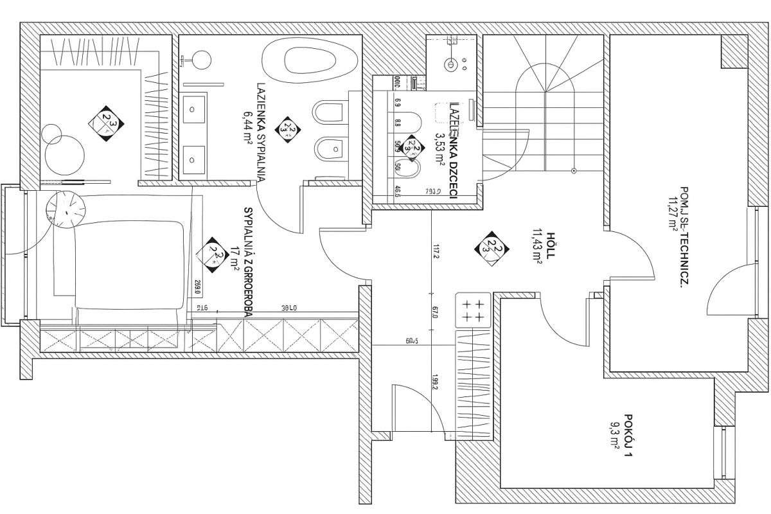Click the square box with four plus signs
472,310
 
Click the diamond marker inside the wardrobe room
107,120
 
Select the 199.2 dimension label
435,384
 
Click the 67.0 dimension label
435,312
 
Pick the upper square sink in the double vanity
193,109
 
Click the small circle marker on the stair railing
573,171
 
